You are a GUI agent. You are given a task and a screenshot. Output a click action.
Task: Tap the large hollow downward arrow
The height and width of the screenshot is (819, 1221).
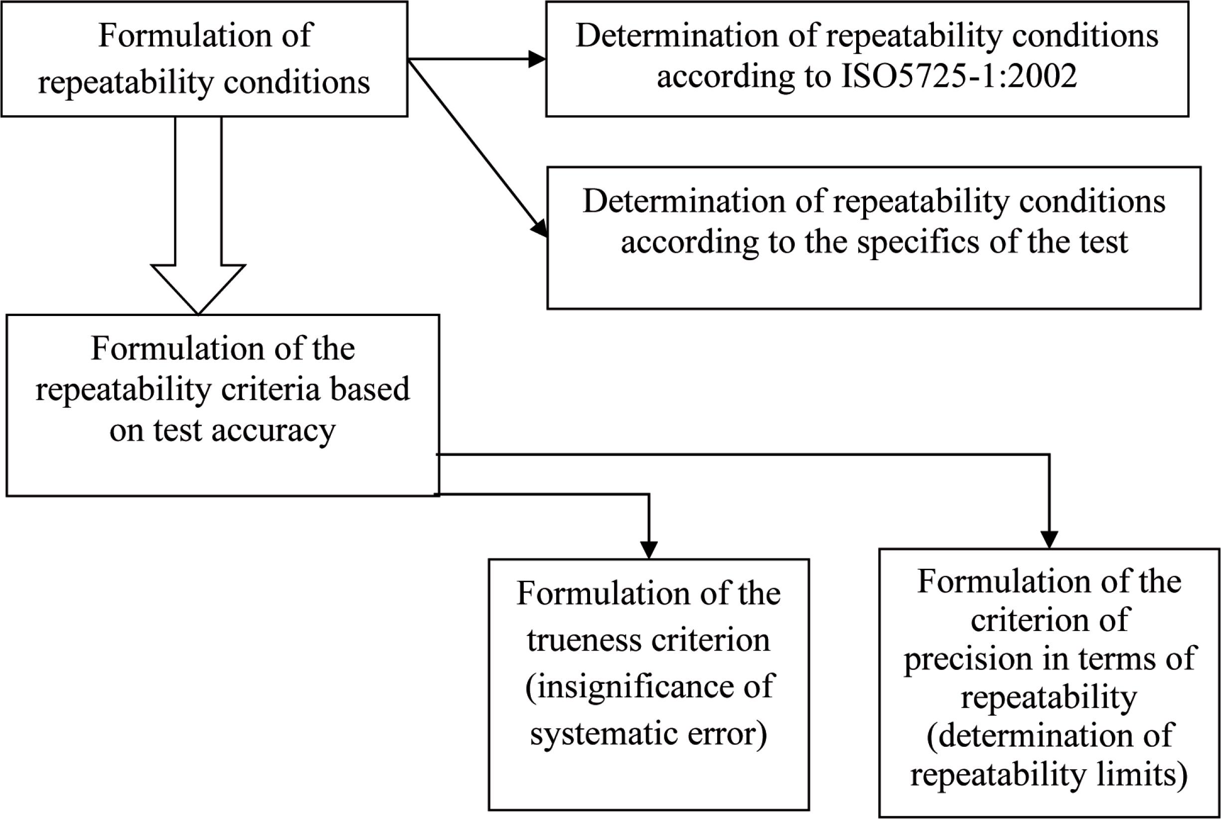[x=198, y=215]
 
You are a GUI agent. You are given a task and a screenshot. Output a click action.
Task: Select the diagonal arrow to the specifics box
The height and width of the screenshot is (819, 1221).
[x=477, y=149]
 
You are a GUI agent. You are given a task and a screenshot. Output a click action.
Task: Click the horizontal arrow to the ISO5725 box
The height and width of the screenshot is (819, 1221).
[x=477, y=59]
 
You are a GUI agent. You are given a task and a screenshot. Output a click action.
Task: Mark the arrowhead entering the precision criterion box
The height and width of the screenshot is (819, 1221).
[x=1049, y=539]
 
